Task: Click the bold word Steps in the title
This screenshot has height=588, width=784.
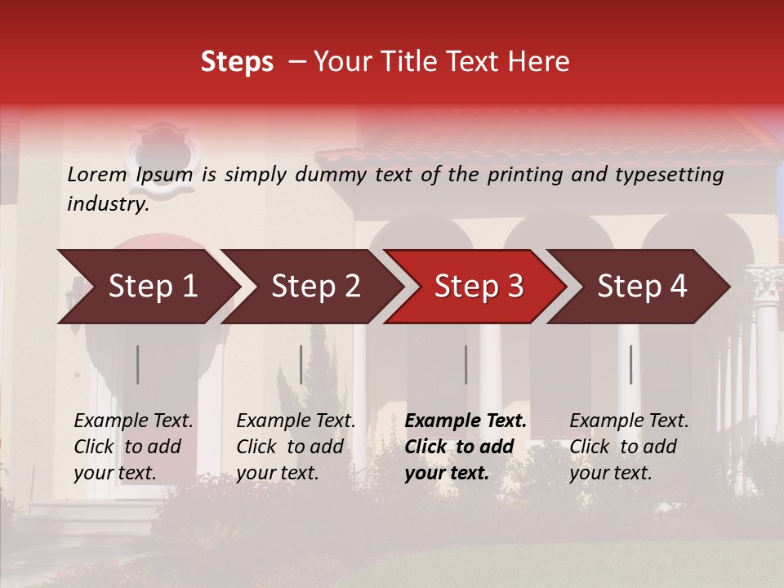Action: tap(237, 62)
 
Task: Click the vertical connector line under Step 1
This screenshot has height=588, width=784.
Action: tap(137, 364)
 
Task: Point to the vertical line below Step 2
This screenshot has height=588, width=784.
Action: tap(301, 364)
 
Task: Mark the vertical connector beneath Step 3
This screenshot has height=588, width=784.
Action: tap(465, 364)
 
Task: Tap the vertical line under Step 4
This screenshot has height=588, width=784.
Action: tap(630, 364)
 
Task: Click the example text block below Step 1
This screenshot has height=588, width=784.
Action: tap(133, 447)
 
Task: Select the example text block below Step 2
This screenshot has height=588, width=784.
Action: tap(296, 447)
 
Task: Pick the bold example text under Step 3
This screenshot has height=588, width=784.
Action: tap(465, 447)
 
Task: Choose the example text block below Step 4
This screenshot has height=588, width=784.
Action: tap(629, 447)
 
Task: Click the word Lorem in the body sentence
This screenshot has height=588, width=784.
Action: tap(97, 174)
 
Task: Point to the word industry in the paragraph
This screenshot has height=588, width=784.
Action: tap(108, 204)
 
